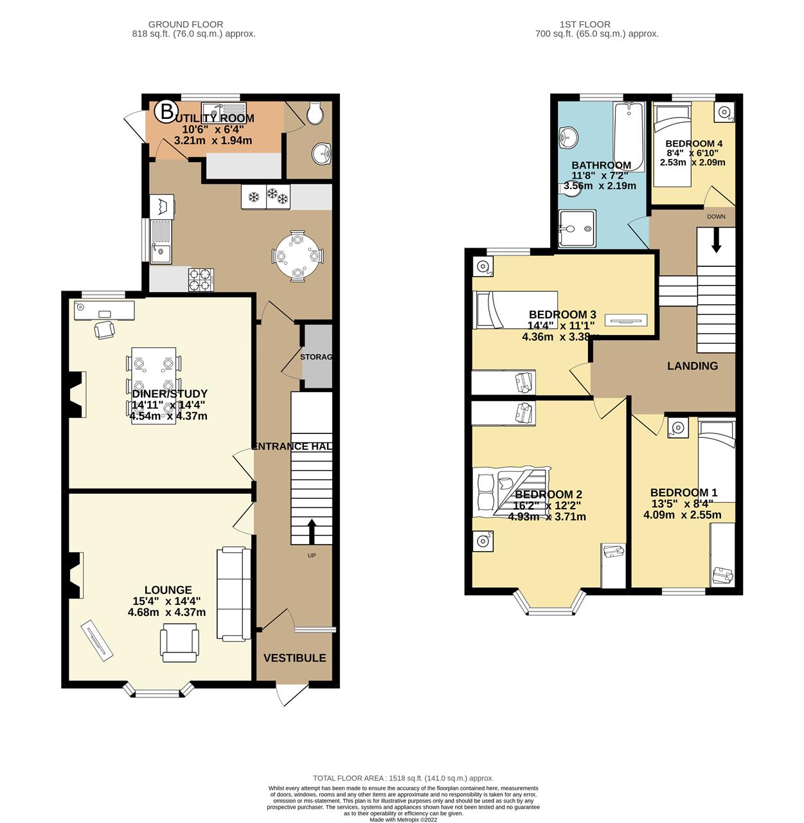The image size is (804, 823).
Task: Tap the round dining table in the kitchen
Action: click(x=297, y=256)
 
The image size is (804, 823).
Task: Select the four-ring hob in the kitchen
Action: click(x=201, y=280)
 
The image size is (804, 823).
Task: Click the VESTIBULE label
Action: click(x=294, y=658)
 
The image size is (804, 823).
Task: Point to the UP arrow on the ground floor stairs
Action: click(x=312, y=531)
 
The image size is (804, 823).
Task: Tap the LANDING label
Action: click(x=692, y=366)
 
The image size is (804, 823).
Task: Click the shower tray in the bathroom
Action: click(x=576, y=228)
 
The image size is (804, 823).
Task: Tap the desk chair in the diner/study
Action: click(x=104, y=329)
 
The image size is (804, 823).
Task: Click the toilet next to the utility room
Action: click(x=315, y=114)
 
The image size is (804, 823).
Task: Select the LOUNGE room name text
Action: click(x=168, y=590)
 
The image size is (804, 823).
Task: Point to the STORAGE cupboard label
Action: click(x=316, y=357)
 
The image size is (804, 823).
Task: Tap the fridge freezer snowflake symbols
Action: click(x=265, y=196)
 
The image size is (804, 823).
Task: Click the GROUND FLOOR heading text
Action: click(x=185, y=24)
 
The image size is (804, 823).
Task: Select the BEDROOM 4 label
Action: click(x=693, y=143)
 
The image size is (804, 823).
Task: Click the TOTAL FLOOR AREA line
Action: click(x=403, y=778)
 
